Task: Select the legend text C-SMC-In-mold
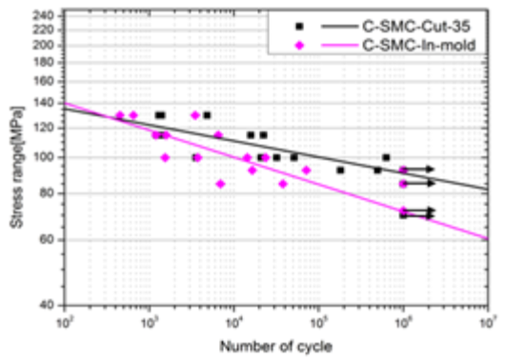430,45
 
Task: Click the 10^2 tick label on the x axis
64,319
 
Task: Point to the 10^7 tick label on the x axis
487,319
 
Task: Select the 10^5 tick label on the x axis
318,319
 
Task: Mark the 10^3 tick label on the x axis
149,319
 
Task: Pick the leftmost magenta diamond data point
120,115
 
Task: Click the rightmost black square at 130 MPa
207,115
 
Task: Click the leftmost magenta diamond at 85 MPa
220,184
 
